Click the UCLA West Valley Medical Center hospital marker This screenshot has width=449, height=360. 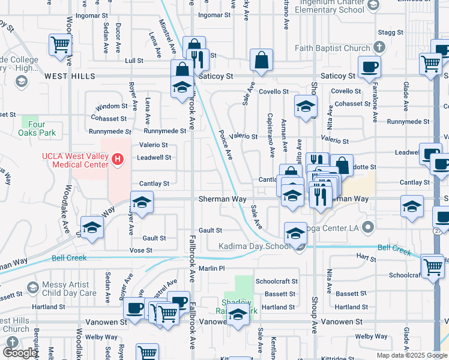click(118, 160)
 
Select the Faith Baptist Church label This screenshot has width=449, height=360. click(333, 47)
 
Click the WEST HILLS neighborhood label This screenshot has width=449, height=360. click(70, 76)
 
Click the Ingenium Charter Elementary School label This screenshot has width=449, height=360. click(324, 5)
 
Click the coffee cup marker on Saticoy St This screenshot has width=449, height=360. click(369, 67)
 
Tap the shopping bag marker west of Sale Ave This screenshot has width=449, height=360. click(261, 60)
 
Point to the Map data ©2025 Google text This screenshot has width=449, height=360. click(411, 355)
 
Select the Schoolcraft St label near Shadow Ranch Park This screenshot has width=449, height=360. click(276, 281)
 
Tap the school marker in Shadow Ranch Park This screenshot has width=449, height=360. click(238, 314)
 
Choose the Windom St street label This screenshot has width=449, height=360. click(108, 106)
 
